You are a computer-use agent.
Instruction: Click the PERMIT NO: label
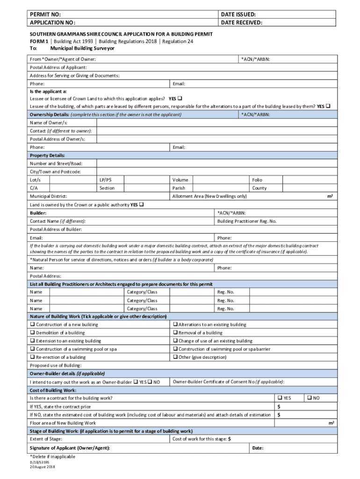tap(46, 15)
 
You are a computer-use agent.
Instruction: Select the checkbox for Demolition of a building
tap(33, 333)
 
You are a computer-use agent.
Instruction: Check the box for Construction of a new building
tap(33, 325)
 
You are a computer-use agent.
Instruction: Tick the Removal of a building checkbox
tap(175, 333)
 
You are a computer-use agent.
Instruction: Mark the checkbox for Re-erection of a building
tap(33, 357)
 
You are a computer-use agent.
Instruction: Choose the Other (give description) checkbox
tap(175, 357)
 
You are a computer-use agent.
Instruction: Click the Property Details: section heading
tap(47, 155)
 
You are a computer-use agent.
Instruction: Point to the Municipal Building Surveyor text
tap(82, 48)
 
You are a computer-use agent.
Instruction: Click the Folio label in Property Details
tap(257, 180)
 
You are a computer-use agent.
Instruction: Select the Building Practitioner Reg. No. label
tap(247, 221)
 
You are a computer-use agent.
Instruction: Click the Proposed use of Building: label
tap(56, 365)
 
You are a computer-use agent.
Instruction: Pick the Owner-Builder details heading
tap(67, 374)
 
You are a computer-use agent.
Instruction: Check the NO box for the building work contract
tap(309, 398)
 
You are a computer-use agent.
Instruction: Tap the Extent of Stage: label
tap(46, 439)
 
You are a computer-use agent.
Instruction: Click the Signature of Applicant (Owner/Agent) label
tap(70, 448)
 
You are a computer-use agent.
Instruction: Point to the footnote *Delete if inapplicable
tap(52, 457)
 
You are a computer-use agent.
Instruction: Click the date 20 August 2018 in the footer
tap(43, 467)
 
